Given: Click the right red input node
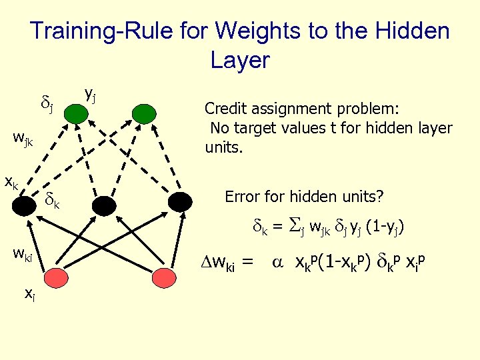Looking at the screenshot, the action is pyautogui.click(x=163, y=275).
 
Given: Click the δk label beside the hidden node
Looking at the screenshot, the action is pyautogui.click(x=52, y=199).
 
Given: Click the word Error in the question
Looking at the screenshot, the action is pyautogui.click(x=243, y=197).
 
